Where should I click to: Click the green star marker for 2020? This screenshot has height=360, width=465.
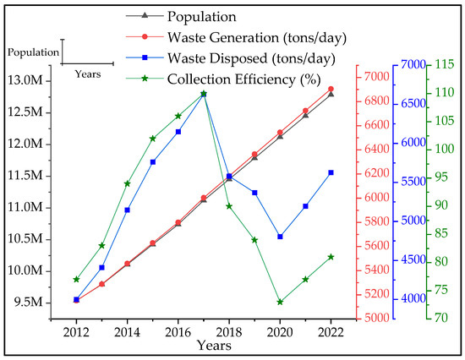pos(280,302)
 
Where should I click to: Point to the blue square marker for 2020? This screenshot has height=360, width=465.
pos(280,237)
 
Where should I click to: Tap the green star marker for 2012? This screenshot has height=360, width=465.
pos(76,279)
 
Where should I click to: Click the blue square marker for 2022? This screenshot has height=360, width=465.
pos(331,172)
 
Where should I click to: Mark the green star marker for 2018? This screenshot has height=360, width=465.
pos(229,206)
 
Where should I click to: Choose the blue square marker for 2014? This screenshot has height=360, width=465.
pos(127,210)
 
